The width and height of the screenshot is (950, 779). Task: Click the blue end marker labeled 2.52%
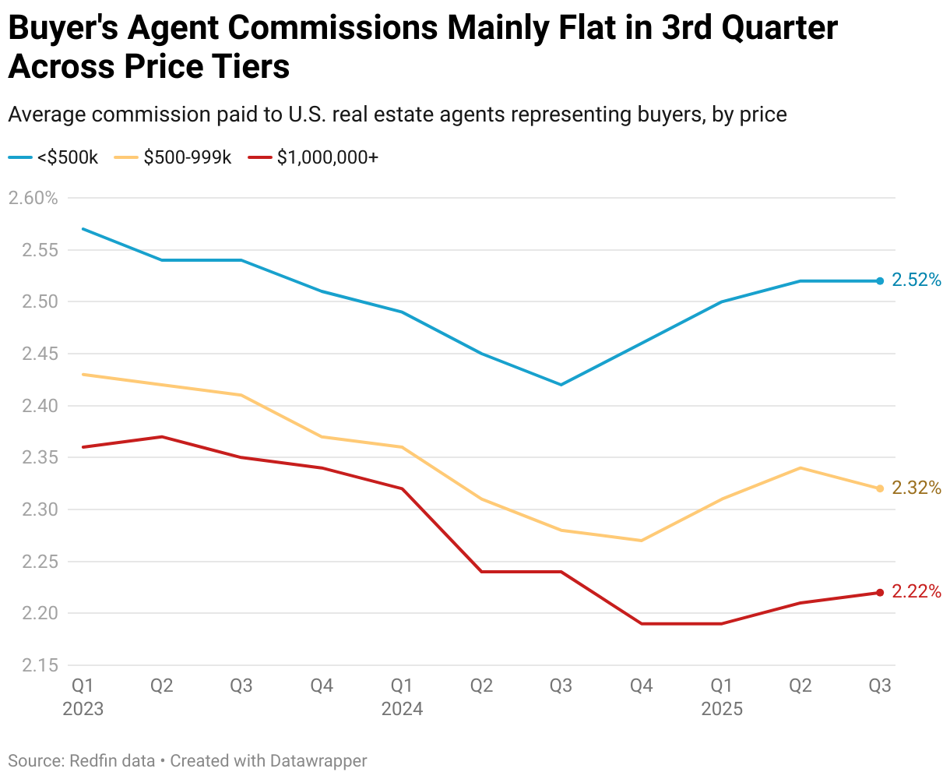tap(880, 280)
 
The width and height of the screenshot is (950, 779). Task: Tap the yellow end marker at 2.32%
tap(880, 488)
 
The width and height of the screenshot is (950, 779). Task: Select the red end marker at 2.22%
tap(880, 593)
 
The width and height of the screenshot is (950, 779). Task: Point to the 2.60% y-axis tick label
tap(33, 198)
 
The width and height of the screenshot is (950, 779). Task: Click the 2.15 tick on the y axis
tap(33, 665)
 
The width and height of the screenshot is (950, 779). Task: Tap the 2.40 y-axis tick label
tap(33, 406)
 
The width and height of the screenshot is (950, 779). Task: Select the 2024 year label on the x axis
tap(402, 709)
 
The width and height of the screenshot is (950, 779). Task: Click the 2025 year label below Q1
tap(722, 709)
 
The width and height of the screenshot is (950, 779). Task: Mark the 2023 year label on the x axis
tap(82, 709)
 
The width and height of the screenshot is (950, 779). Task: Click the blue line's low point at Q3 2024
tap(561, 385)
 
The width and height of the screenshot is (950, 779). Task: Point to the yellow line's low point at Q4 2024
tap(641, 541)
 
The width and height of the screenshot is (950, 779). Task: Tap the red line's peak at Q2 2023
tap(162, 436)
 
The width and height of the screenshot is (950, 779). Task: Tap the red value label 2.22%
tap(917, 592)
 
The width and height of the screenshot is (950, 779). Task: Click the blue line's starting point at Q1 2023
tap(83, 229)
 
